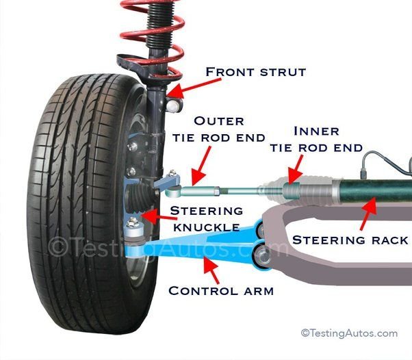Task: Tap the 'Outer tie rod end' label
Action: [229, 129]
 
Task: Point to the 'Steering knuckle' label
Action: [206, 218]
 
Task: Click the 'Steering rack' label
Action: [350, 240]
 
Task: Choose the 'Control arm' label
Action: [221, 290]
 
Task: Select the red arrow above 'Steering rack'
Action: [368, 213]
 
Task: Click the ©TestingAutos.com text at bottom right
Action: [349, 333]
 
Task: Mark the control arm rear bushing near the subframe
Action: [261, 257]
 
